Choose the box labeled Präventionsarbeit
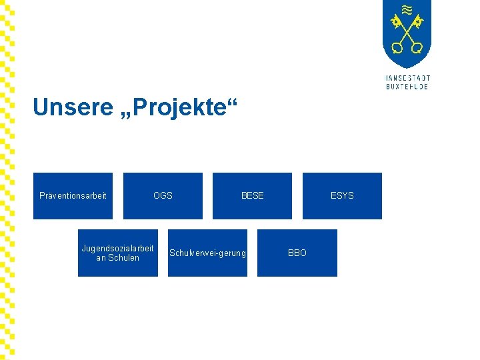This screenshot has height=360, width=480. (x=73, y=195)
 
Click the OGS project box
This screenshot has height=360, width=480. (x=163, y=195)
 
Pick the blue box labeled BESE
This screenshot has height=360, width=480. (x=252, y=195)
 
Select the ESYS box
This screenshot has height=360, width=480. (x=342, y=195)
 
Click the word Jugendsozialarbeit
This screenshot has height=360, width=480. (x=117, y=248)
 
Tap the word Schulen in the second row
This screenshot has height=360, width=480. (x=123, y=258)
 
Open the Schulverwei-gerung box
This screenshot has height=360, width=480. (x=207, y=253)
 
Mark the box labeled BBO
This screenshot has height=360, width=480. (x=297, y=253)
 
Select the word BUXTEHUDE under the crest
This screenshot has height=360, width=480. (x=407, y=87)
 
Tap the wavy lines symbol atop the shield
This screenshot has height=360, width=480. (x=407, y=10)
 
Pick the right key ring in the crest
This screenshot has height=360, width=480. (x=417, y=47)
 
